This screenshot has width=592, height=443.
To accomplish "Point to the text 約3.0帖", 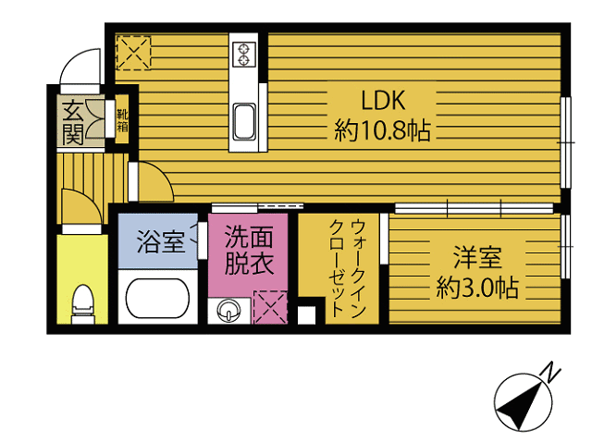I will click(476, 288).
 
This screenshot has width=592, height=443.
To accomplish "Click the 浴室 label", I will click(159, 242).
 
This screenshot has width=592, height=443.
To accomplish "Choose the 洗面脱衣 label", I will click(248, 249).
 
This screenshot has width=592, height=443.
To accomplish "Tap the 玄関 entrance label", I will click(73, 121).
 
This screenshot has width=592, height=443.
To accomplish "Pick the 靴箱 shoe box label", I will click(121, 120).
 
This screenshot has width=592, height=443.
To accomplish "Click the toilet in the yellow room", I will click(81, 301).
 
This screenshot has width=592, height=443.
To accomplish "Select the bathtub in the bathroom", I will click(157, 299).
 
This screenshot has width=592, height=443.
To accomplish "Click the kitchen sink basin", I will click(245, 120).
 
